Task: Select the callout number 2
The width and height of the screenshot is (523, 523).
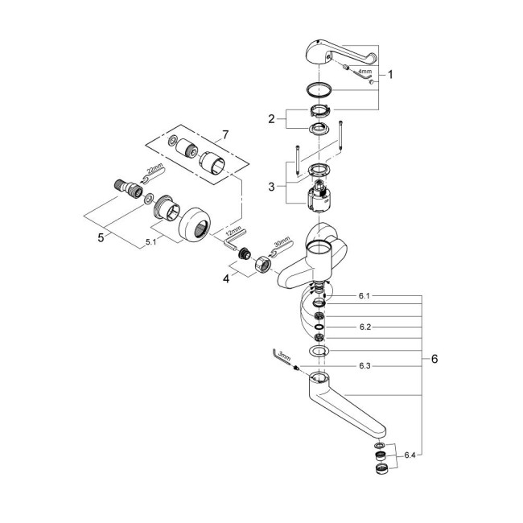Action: [x=271, y=119]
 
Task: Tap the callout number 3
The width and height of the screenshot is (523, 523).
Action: [x=271, y=186]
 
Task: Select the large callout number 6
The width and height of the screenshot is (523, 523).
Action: [x=434, y=360]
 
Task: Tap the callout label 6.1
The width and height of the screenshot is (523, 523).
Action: [x=364, y=296]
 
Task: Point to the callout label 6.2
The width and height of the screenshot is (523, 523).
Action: [x=364, y=328]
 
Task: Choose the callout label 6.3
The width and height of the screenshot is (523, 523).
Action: [x=364, y=367]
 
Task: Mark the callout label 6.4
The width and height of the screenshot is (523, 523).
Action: [x=411, y=455]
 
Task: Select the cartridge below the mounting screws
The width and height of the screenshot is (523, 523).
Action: [x=319, y=194]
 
